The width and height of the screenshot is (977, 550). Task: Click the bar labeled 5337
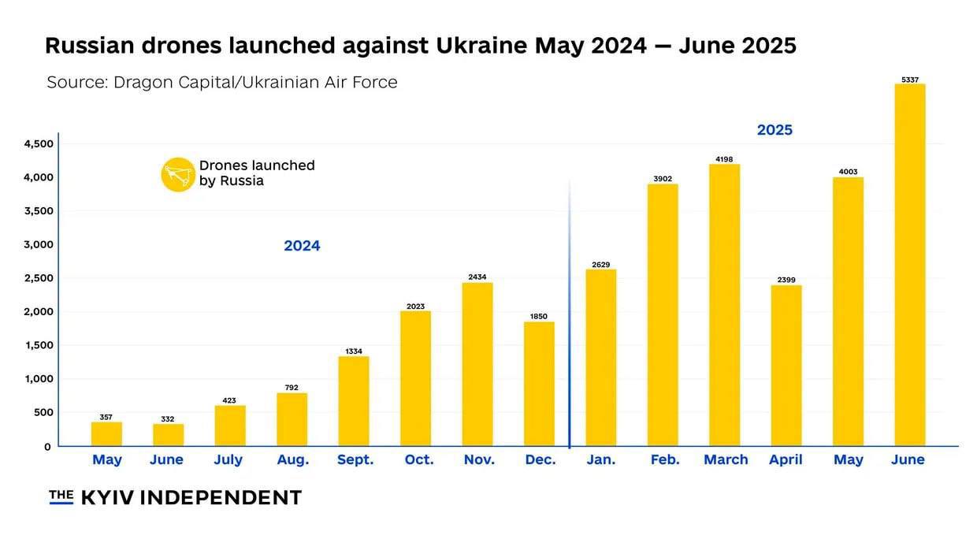point(910,264)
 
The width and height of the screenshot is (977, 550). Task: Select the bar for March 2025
point(724,305)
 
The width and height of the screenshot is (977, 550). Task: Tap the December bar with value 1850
point(539,384)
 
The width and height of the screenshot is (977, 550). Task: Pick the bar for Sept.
point(354,401)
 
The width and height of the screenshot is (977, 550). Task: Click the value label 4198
point(724,159)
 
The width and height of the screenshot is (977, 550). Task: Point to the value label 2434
point(477,277)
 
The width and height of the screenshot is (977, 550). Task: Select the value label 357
point(106,417)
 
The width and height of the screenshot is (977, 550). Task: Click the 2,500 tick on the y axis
point(37,278)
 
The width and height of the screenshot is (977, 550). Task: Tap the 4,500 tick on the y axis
point(37,144)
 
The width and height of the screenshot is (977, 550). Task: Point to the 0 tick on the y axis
point(47,447)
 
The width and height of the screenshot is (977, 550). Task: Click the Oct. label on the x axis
point(418,460)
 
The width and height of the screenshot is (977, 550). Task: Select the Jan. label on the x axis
point(601,460)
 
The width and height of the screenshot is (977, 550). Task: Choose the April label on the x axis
point(786,460)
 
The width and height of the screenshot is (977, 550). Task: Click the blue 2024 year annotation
point(302,246)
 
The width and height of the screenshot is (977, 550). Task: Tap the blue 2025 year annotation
point(775,130)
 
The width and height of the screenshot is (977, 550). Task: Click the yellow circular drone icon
point(178,174)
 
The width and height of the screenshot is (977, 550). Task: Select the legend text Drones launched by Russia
point(256,173)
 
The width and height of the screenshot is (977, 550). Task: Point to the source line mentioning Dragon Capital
point(221,82)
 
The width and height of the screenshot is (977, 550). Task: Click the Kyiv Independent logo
point(175,497)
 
